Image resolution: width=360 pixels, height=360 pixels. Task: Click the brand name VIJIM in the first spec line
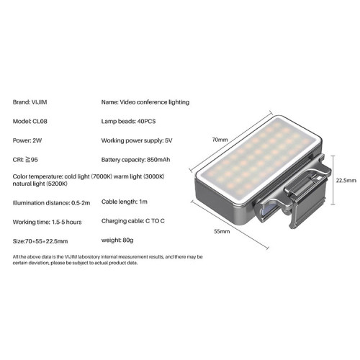click(x=40, y=102)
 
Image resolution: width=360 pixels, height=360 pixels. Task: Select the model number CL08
click(x=40, y=121)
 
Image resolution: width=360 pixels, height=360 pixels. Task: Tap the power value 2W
click(x=37, y=140)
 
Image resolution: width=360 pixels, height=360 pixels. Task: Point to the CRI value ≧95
click(x=32, y=160)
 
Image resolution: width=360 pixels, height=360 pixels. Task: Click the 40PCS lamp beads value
click(x=146, y=121)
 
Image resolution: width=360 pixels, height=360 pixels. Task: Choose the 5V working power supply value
click(x=168, y=140)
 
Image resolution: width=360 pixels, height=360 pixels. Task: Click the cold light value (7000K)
click(x=102, y=176)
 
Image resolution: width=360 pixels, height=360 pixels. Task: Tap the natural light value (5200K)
click(x=57, y=184)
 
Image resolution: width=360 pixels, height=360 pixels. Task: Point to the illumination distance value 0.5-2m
click(x=81, y=203)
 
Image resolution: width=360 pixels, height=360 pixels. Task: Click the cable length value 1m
click(x=143, y=202)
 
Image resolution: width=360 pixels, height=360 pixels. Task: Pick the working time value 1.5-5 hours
click(x=67, y=222)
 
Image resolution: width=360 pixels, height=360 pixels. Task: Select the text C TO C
click(x=155, y=221)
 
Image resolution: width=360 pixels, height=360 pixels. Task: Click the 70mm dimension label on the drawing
click(x=220, y=140)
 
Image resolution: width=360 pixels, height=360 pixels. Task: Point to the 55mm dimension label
click(x=222, y=231)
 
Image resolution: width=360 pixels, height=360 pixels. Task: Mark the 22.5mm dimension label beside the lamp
click(x=346, y=180)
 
